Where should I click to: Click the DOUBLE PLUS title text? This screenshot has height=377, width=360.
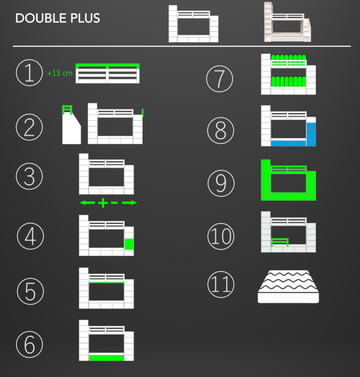click(x=57, y=19)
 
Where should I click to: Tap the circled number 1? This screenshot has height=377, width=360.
click(x=30, y=74)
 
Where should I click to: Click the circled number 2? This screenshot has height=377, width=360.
click(x=30, y=128)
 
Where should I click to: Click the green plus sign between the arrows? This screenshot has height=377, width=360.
click(x=103, y=203)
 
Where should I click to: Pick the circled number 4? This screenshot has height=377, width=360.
click(x=30, y=236)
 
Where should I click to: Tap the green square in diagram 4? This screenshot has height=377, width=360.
click(x=129, y=244)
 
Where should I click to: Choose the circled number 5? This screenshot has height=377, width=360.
click(x=30, y=291)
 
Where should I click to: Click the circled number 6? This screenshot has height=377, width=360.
click(x=30, y=343)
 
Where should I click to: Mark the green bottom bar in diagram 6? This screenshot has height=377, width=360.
click(x=107, y=357)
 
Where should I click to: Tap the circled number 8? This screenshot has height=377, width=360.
click(x=220, y=130)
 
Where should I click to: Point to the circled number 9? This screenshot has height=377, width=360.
click(x=220, y=183)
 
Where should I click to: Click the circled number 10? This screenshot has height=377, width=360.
click(x=220, y=235)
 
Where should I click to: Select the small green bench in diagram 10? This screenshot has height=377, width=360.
click(x=279, y=241)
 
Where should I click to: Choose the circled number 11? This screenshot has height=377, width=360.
click(x=220, y=284)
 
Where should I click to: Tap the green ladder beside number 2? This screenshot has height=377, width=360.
click(x=67, y=110)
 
